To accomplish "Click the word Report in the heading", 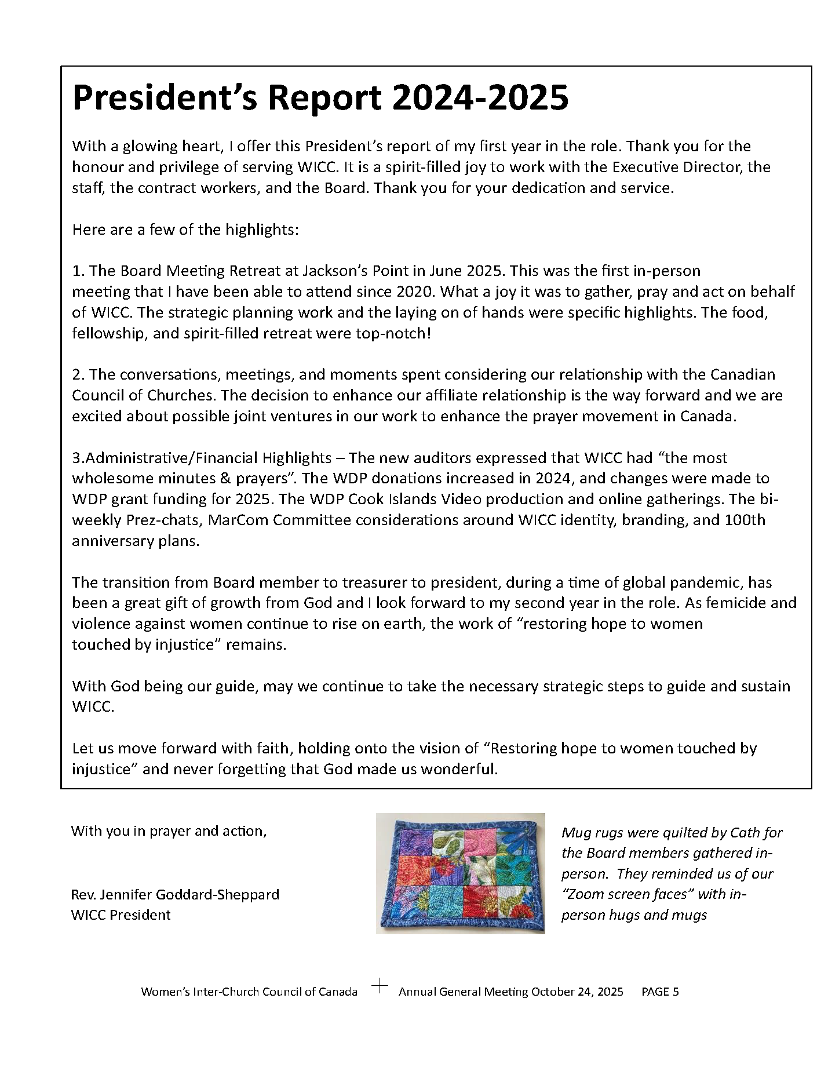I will [324, 97].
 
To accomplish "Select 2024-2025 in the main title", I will [480, 97].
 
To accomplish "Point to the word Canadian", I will [742, 374].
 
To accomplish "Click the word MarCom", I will [238, 520].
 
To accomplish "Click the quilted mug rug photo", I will [460, 873].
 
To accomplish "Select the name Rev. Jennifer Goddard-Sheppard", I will [175, 894].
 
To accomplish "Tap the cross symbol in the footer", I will [380, 986].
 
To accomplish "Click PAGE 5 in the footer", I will [660, 992].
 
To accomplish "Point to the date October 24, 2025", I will [577, 992].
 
